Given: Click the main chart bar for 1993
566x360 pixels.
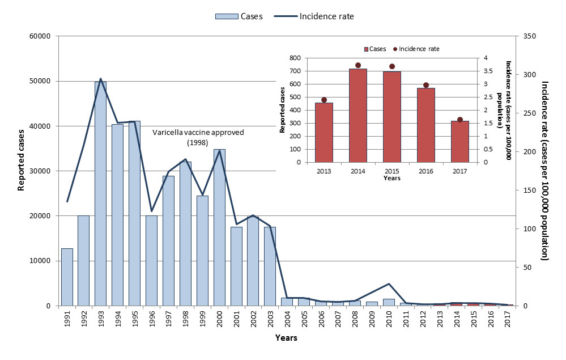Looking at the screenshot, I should pyautogui.click(x=100, y=193).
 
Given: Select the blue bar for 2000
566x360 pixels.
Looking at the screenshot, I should pyautogui.click(x=219, y=227).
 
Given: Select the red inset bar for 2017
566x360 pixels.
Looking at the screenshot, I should pyautogui.click(x=459, y=141).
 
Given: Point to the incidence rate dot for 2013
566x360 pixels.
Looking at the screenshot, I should pyautogui.click(x=324, y=100).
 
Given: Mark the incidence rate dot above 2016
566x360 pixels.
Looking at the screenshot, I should pyautogui.click(x=426, y=85).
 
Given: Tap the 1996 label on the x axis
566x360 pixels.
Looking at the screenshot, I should pyautogui.click(x=152, y=320).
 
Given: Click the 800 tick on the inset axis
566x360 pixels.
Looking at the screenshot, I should pyautogui.click(x=293, y=58).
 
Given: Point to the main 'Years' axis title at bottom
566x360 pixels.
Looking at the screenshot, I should pyautogui.click(x=286, y=338).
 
